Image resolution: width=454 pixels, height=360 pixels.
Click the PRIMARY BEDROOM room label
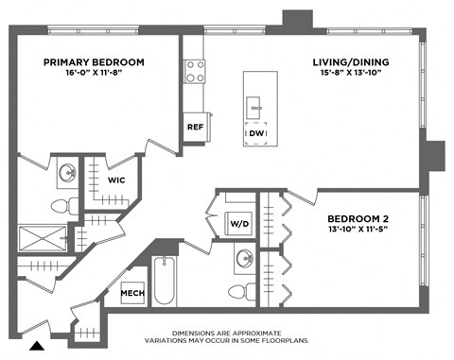point(94,62)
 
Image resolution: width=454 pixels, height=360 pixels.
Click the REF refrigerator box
point(196,126)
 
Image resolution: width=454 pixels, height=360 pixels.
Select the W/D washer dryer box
point(237,224)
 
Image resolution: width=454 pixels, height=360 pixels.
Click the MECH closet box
point(131,294)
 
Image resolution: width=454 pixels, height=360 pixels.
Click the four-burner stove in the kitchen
point(196,72)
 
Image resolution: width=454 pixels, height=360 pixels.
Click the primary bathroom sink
point(67,174)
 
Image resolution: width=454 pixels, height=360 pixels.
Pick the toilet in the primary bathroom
point(60,205)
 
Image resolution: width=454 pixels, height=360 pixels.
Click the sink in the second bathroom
point(244,259)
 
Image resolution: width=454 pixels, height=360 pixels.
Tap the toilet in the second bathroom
point(244,291)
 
